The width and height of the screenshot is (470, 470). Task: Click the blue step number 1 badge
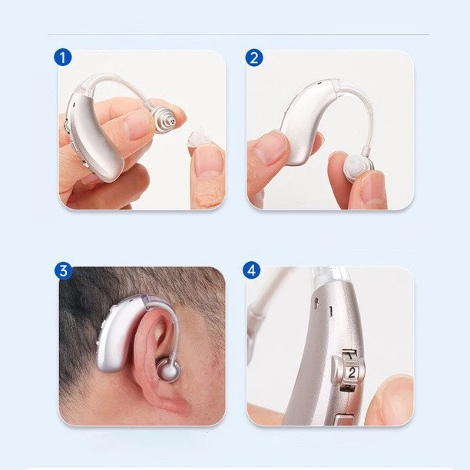pos(63,58)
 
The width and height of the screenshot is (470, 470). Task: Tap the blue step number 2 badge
pos(254,58)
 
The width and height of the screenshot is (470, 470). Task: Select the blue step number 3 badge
pos(63,271)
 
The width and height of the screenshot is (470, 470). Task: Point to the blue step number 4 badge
pos(251,270)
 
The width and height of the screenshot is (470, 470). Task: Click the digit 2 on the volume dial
pos(351,372)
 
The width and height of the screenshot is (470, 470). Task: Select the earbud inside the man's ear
pos(169,370)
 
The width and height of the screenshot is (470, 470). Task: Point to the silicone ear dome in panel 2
pos(357,168)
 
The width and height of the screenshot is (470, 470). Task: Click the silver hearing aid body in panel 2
pos(306,120)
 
